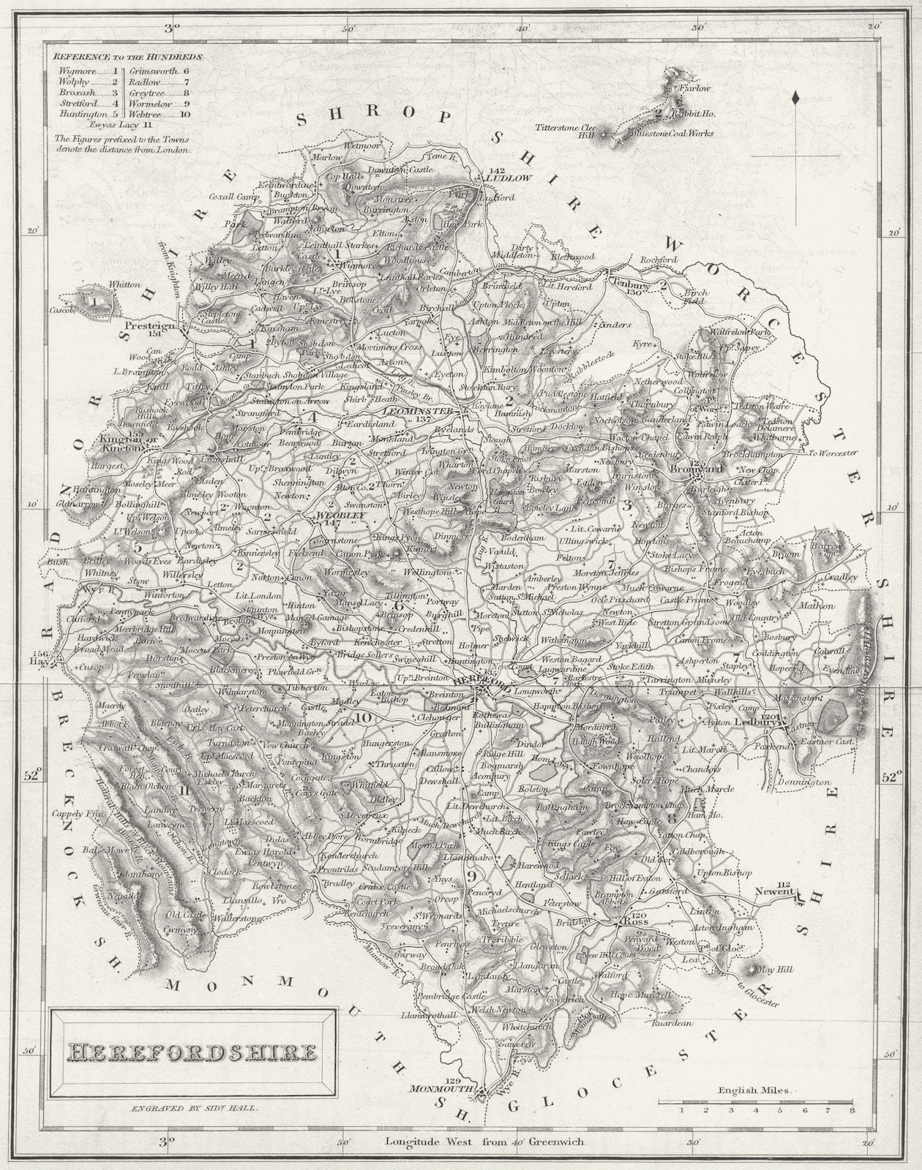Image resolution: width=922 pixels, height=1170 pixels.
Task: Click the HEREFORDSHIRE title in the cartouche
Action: (x=192, y=1052)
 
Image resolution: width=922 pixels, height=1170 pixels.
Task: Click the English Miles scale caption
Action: (x=754, y=1090)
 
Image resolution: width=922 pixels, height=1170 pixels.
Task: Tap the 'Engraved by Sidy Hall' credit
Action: (x=194, y=1108)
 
